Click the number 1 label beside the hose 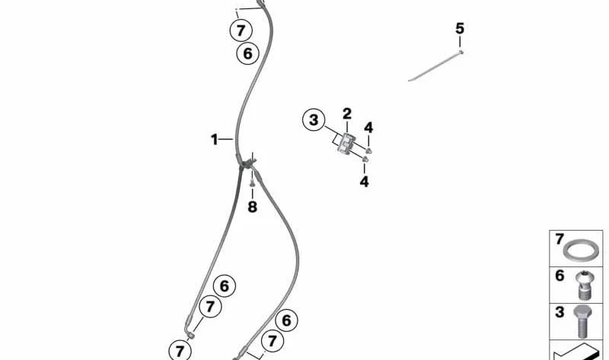(x=214, y=139)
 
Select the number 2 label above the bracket (x=347, y=114)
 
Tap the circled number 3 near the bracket (x=314, y=120)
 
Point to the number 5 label (x=460, y=28)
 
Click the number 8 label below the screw (x=253, y=206)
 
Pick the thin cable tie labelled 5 (x=435, y=65)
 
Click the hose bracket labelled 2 (x=346, y=144)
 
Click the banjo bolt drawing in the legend (x=584, y=285)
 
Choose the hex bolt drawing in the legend (x=582, y=321)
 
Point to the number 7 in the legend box (x=559, y=239)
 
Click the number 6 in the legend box (x=560, y=276)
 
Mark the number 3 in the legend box (x=560, y=312)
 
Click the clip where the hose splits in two (x=247, y=163)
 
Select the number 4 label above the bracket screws (x=368, y=127)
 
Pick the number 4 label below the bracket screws (x=364, y=181)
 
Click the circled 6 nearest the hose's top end (x=247, y=53)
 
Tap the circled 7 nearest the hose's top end (x=241, y=30)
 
